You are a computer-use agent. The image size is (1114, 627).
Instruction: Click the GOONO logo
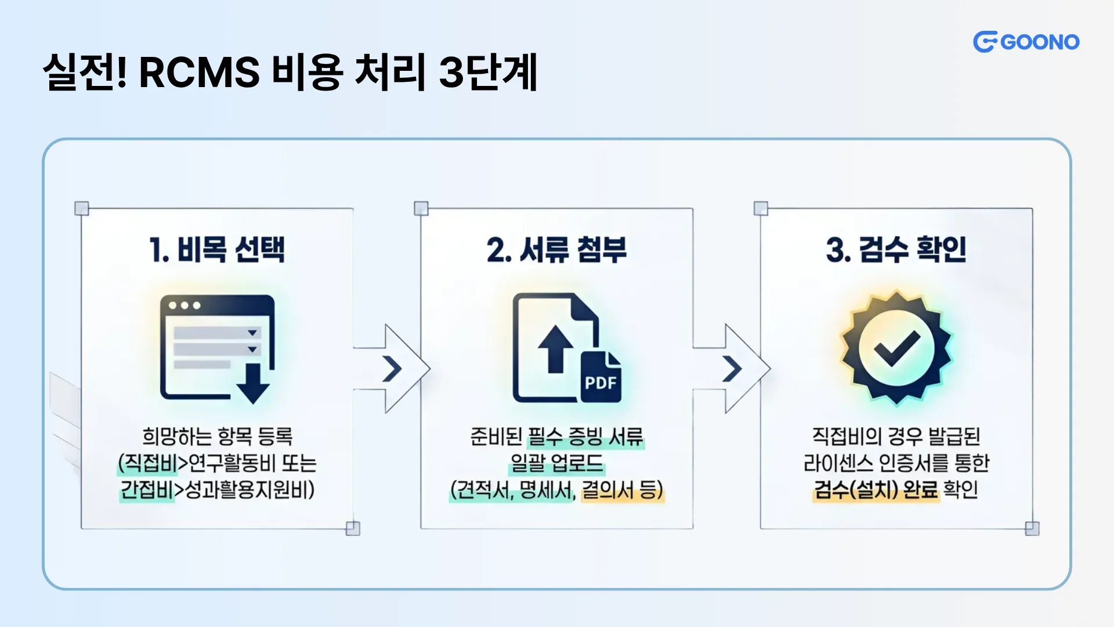1026,42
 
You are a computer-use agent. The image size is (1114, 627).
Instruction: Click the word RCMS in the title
199,73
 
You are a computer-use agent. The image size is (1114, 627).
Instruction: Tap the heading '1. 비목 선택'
217,250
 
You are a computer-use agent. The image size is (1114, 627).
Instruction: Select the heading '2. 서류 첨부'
556,250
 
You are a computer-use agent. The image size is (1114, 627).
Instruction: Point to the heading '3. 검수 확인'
896,250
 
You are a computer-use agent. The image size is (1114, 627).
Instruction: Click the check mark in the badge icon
896,349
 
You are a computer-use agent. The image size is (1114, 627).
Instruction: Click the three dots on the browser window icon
185,305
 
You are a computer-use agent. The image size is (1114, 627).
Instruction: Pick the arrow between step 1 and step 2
392,369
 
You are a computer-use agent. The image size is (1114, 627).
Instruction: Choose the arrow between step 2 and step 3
732,369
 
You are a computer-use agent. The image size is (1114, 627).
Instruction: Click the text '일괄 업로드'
556,463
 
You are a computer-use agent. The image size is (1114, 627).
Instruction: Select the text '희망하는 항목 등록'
217,437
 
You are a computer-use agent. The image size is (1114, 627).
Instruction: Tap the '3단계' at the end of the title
488,73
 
